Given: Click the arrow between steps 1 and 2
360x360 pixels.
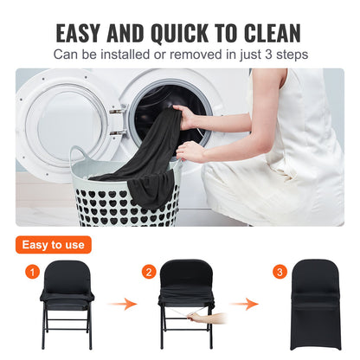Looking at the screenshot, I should (126, 305).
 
